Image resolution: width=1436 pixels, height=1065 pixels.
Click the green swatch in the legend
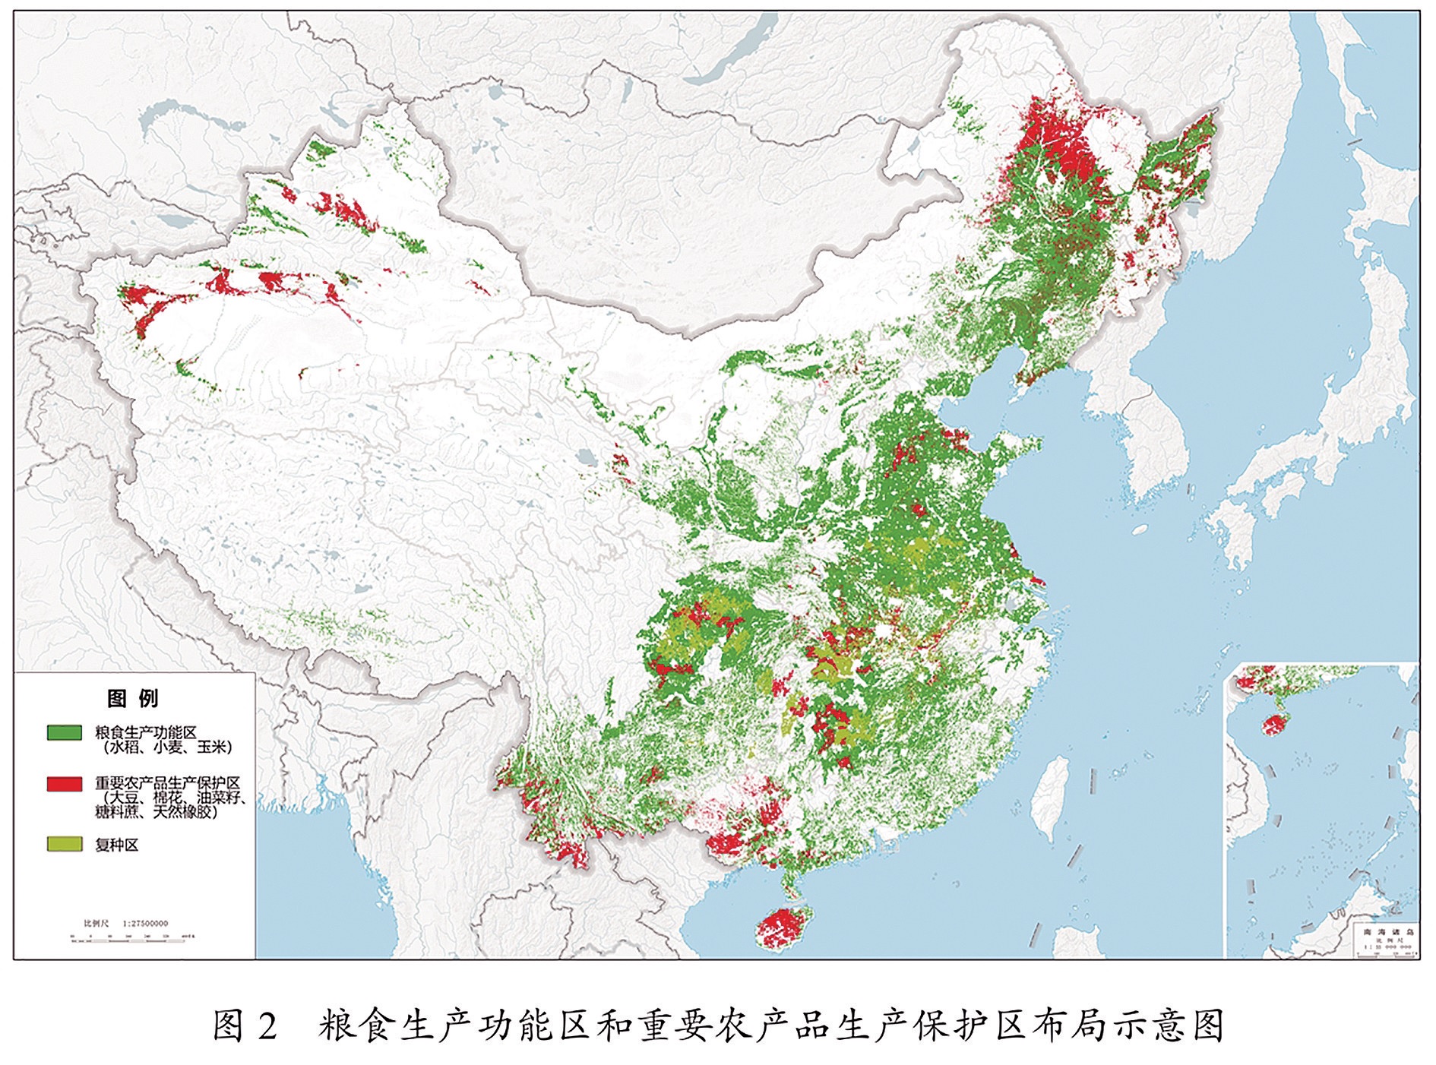64,732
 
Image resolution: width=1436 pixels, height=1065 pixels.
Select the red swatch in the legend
64,783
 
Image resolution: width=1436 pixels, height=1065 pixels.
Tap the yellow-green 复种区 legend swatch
64,844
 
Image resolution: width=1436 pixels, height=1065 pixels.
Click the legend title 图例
133,698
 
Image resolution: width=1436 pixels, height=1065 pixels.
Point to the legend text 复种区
117,845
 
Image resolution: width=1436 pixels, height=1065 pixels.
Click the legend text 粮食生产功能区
146,732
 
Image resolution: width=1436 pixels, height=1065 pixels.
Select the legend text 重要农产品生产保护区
167,782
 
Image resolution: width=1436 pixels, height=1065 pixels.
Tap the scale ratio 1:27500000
140,924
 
